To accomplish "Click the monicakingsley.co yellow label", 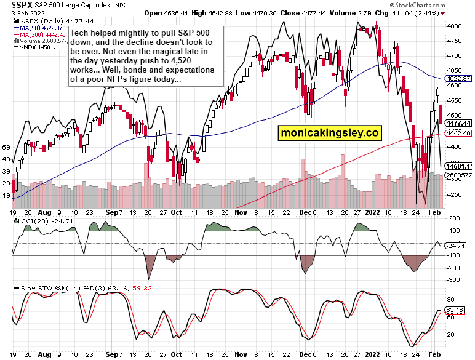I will pyautogui.click(x=329, y=132).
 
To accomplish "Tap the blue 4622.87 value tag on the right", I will pyautogui.click(x=458, y=79).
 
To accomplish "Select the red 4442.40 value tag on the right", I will pyautogui.click(x=458, y=134).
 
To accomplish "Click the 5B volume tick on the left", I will pyautogui.click(x=6, y=148).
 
